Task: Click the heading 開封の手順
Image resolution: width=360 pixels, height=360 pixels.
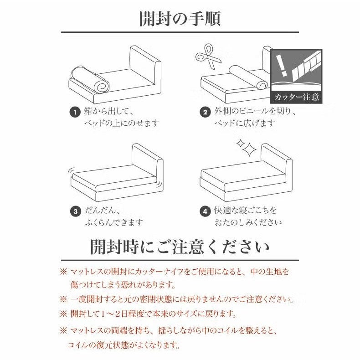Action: tap(180, 19)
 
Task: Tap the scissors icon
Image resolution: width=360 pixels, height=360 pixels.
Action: tap(208, 56)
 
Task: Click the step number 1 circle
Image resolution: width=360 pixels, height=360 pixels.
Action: tap(75, 112)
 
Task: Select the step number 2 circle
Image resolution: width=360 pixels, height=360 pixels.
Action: tap(205, 112)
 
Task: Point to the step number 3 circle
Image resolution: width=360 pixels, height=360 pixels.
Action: tap(76, 211)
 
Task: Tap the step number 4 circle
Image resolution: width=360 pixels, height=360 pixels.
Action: tap(205, 211)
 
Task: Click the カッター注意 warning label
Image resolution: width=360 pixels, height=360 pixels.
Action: tap(297, 97)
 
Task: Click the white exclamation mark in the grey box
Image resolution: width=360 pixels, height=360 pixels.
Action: tap(282, 65)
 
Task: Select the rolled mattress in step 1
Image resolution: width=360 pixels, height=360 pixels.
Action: tap(90, 79)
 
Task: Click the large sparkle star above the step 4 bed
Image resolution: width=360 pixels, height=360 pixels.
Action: tap(249, 149)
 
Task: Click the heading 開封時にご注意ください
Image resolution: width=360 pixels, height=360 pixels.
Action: tap(180, 247)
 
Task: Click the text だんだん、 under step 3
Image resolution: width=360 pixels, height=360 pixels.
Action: tap(103, 211)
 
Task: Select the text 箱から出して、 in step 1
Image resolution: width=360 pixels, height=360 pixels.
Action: tap(108, 111)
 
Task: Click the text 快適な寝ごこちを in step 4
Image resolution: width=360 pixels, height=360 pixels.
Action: tap(246, 211)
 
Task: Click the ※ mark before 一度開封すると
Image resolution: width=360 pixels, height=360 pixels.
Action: tap(63, 299)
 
